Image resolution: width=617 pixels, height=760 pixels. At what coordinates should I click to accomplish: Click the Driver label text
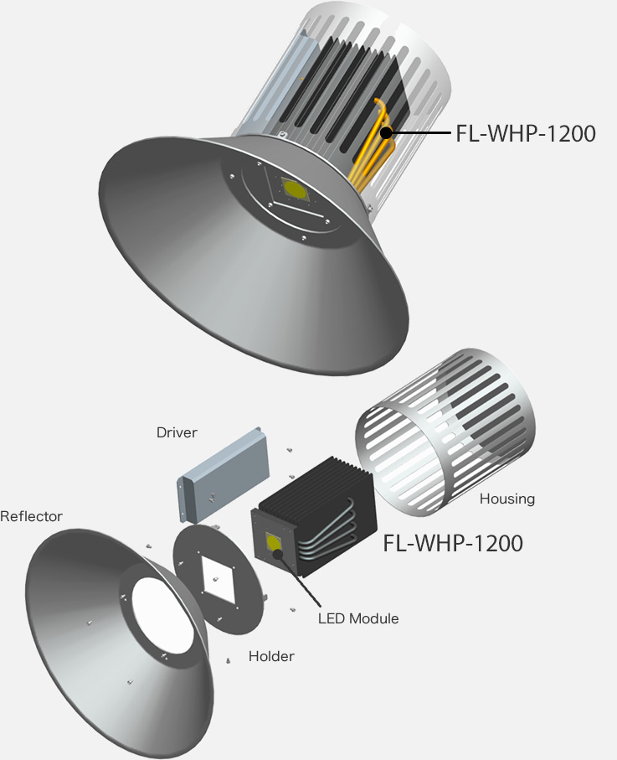tap(177, 433)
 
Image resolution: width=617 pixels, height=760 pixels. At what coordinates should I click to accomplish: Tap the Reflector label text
tap(31, 516)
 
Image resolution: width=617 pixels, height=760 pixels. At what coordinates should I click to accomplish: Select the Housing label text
tap(506, 499)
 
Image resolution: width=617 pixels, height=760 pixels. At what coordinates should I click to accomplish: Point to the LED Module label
tap(358, 619)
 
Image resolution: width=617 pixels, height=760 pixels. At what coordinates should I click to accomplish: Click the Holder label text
tap(271, 656)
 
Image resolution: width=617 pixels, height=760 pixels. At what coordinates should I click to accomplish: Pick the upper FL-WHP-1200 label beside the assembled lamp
tap(526, 133)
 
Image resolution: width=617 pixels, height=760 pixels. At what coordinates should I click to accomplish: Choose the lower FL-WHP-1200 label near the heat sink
tap(453, 543)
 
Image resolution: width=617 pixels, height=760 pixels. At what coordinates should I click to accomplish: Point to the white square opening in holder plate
tap(220, 579)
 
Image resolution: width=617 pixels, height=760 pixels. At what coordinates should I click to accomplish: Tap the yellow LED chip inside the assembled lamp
tap(294, 189)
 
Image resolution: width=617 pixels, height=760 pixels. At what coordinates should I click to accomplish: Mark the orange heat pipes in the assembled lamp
tap(373, 151)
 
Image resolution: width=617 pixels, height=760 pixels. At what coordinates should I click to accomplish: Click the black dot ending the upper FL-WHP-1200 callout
tap(386, 132)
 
